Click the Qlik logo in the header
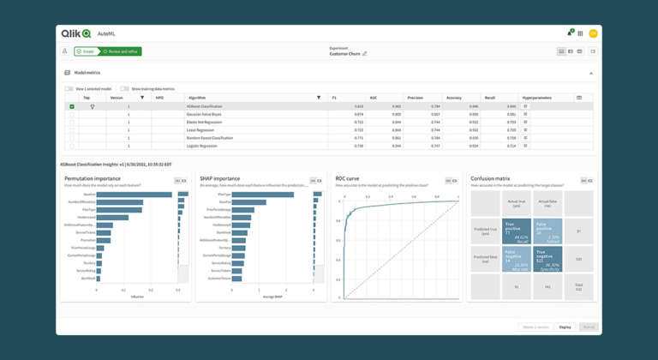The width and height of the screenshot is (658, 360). [x=75, y=33]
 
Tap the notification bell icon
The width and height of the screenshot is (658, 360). [x=569, y=33]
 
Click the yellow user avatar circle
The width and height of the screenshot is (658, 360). [x=593, y=33]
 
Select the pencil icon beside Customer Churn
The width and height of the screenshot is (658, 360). [x=365, y=54]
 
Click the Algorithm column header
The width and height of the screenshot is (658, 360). [x=197, y=98]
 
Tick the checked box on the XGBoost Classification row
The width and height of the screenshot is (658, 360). [x=72, y=106]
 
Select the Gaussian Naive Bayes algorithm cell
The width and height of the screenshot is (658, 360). [x=204, y=114]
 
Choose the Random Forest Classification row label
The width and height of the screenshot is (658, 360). [x=210, y=138]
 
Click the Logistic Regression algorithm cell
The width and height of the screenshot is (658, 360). [x=203, y=146]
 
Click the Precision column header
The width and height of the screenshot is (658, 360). [x=415, y=98]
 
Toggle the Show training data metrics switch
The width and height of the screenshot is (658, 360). [x=124, y=88]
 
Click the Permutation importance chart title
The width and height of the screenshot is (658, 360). [x=93, y=178]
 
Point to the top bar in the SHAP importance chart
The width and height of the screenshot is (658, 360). [x=262, y=195]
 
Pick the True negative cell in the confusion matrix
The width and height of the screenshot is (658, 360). [x=547, y=260]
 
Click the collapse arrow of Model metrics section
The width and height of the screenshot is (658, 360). [x=591, y=73]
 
